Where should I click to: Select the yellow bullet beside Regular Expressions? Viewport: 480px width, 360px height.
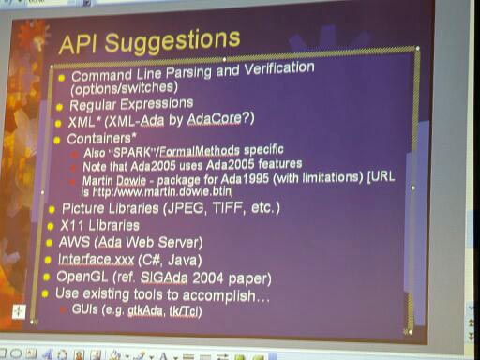click(62, 104)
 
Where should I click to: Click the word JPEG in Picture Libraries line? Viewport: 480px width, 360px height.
click(188, 207)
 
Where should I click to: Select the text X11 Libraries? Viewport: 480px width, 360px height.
click(99, 225)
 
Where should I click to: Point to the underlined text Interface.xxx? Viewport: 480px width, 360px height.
click(98, 260)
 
